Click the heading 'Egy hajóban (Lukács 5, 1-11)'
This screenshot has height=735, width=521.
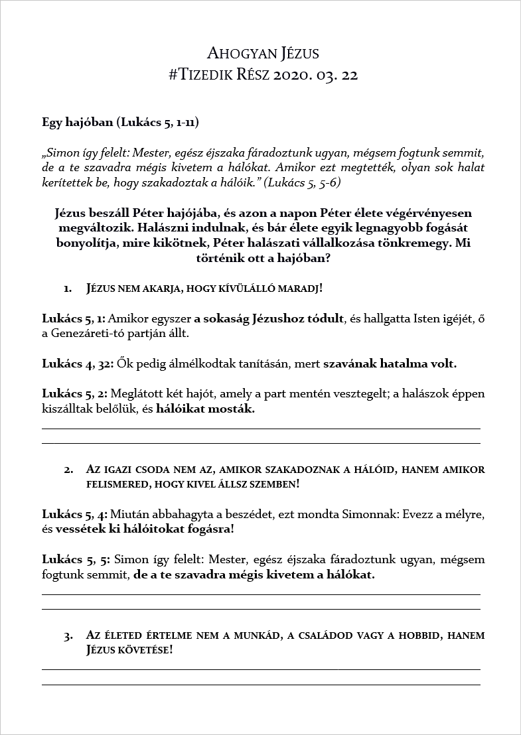[120, 123]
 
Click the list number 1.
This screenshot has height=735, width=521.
[67, 289]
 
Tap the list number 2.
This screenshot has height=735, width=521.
[67, 470]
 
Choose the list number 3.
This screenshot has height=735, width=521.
[67, 635]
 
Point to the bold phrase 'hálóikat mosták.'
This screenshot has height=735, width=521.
[205, 409]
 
